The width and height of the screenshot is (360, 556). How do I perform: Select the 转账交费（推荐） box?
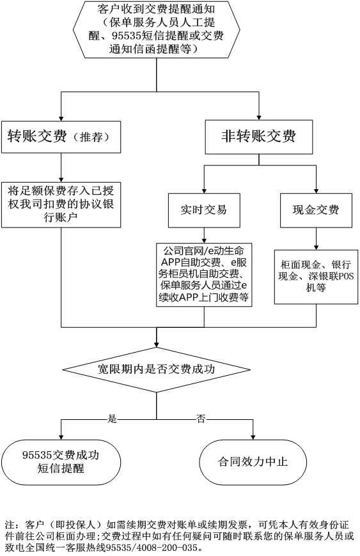61,137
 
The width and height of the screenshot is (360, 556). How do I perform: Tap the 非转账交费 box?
258,137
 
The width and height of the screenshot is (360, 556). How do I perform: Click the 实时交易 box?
203,210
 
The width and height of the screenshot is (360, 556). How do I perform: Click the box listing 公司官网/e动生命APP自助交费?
204,274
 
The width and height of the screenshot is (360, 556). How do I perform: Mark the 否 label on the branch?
201,419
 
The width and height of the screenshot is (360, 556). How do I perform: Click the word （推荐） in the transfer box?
93,137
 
